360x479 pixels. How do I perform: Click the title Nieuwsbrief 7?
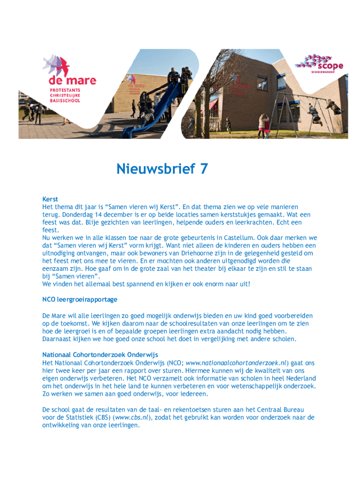162,168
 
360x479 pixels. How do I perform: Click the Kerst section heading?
50,199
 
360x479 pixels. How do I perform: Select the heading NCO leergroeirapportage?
79,299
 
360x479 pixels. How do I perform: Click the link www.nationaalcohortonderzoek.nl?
236,363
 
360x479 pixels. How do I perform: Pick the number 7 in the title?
203,168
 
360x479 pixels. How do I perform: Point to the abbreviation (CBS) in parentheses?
104,418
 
